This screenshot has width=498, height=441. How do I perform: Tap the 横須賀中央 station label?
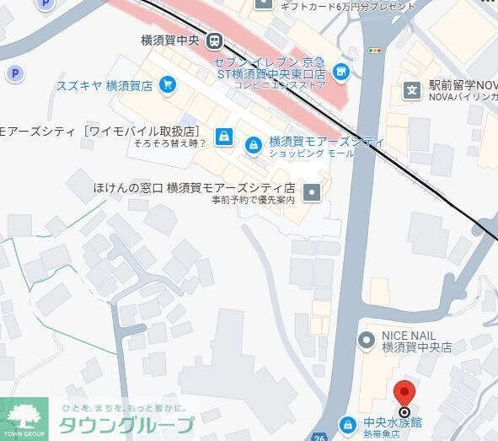(172, 40)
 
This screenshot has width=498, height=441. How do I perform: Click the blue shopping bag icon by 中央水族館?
(346, 423)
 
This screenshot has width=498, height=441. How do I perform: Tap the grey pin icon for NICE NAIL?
(366, 340)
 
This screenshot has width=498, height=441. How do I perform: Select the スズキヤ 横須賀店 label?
(104, 85)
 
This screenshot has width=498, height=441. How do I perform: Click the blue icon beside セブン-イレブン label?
(341, 70)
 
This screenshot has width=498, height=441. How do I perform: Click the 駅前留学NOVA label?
(462, 85)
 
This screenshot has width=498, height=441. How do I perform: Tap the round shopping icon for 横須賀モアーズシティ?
(252, 146)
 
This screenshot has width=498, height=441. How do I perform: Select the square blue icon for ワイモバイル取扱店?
(223, 135)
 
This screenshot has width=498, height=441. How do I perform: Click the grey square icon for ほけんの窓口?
(313, 191)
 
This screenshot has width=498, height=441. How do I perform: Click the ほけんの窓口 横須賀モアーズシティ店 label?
(194, 187)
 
